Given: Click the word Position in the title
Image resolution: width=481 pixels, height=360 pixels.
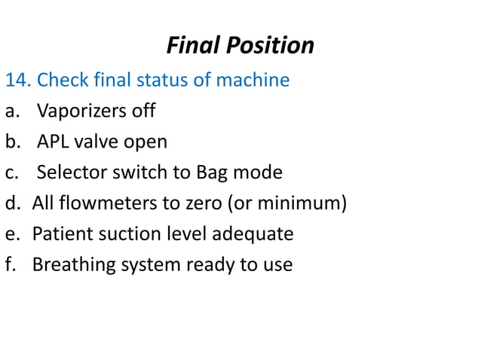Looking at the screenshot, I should tap(268, 46).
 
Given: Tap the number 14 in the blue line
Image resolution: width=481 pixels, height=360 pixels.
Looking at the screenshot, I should tap(16, 80).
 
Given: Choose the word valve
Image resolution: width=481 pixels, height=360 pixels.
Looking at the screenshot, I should tap(113, 142).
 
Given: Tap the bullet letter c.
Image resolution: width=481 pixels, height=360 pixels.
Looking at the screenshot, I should tap(10, 172).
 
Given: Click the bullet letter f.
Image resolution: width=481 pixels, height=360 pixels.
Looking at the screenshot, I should tap(9, 264).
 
